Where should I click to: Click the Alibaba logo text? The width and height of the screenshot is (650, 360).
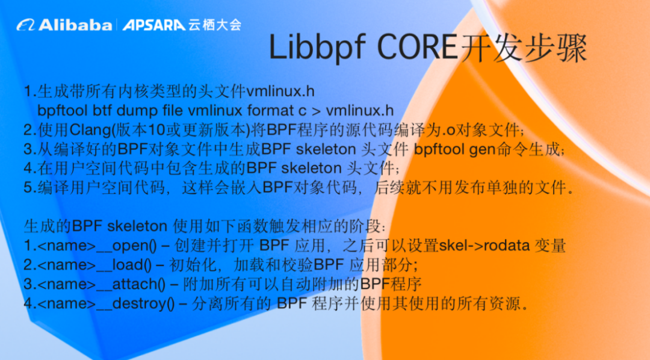tap(75, 25)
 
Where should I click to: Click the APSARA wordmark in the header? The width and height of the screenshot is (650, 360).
tap(154, 25)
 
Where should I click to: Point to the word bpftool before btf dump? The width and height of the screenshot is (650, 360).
tap(63, 110)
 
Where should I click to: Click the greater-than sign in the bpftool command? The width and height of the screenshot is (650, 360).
tap(316, 111)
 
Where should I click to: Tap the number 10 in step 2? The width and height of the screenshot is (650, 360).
tap(156, 130)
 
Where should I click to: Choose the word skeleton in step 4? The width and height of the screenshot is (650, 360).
tap(311, 168)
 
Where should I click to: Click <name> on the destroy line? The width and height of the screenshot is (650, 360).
tap(67, 304)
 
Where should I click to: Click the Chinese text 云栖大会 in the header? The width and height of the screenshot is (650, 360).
tap(215, 25)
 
